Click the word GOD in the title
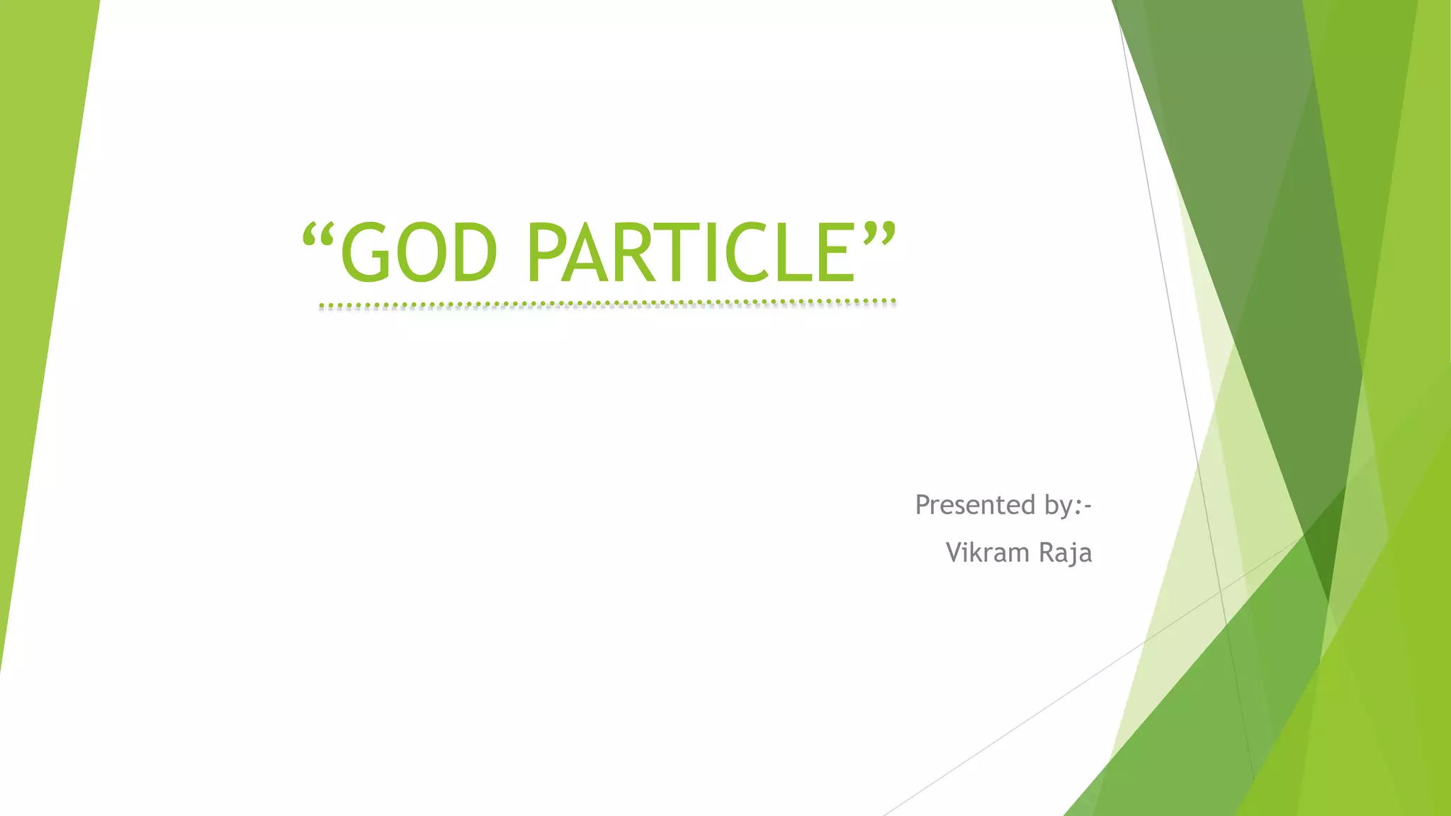(x=419, y=252)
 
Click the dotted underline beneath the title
(x=607, y=305)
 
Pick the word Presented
(x=976, y=505)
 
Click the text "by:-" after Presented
(x=1068, y=505)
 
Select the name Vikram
(x=988, y=552)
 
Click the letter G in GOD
(x=366, y=252)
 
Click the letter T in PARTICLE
(x=683, y=252)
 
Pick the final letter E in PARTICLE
(x=838, y=252)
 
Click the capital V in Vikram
(x=955, y=552)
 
